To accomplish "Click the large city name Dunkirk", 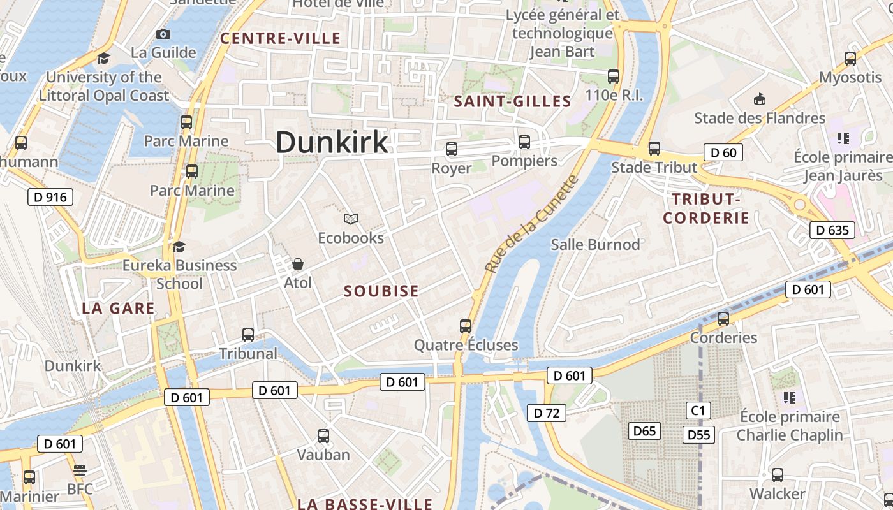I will click(x=332, y=142).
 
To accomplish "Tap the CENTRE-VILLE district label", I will click(x=281, y=38).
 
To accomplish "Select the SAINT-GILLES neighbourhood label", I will click(x=512, y=101).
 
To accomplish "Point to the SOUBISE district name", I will click(x=381, y=291).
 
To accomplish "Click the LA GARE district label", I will click(x=119, y=309).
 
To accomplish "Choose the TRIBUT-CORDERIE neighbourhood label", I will click(x=706, y=208).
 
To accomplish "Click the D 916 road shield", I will click(x=50, y=197).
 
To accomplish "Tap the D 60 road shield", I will click(x=723, y=152).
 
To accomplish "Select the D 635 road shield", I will click(x=832, y=230).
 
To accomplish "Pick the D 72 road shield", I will click(x=547, y=413).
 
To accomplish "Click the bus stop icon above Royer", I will click(x=452, y=150).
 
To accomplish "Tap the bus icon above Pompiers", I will click(x=524, y=142).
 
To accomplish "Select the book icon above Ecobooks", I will click(x=351, y=219).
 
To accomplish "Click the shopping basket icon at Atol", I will click(x=297, y=264).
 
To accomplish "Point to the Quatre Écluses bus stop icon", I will click(x=466, y=326).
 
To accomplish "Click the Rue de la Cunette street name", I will click(x=531, y=224).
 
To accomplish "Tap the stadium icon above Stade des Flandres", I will click(x=760, y=99).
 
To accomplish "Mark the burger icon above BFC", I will click(x=80, y=470).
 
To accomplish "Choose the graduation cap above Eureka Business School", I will click(x=179, y=247).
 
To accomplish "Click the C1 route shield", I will click(x=698, y=410).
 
